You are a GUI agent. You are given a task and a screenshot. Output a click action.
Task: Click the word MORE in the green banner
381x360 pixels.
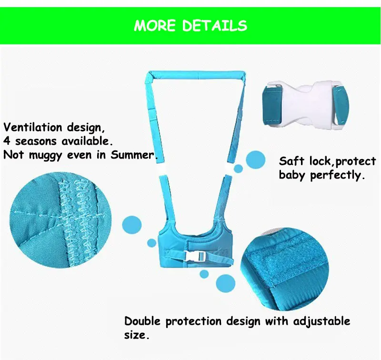click(x=154, y=26)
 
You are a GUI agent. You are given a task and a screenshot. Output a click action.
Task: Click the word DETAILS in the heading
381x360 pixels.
click(x=215, y=26)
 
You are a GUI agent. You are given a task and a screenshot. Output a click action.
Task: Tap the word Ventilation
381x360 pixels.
click(x=33, y=127)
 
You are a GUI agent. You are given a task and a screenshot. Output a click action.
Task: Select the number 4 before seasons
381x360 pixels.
click(x=7, y=141)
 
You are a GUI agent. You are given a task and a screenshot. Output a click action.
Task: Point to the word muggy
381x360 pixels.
click(x=45, y=155)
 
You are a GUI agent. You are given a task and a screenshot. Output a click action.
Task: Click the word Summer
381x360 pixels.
click(x=132, y=154)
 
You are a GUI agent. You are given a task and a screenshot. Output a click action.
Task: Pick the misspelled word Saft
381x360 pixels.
click(x=291, y=161)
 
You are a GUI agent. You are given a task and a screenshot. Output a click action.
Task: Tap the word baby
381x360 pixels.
click(x=291, y=175)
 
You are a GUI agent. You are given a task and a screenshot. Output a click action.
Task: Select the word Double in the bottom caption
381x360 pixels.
click(x=142, y=321)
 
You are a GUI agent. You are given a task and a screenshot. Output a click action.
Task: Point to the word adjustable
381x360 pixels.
click(x=321, y=321)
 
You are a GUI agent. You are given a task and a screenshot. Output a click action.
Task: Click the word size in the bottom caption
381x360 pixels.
click(x=135, y=335)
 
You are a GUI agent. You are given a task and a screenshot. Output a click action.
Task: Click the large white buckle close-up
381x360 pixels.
click(x=306, y=105)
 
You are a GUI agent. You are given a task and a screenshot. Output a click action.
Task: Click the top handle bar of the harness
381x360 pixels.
click(x=197, y=75)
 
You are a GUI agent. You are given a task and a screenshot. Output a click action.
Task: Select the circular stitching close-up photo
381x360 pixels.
click(x=60, y=220)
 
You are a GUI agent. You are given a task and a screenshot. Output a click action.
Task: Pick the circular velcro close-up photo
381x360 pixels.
click(x=284, y=270)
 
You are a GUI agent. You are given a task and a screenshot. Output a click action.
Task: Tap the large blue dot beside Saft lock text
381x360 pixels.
click(x=256, y=160)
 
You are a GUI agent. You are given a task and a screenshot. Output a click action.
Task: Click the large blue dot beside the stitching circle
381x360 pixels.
click(x=132, y=225)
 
